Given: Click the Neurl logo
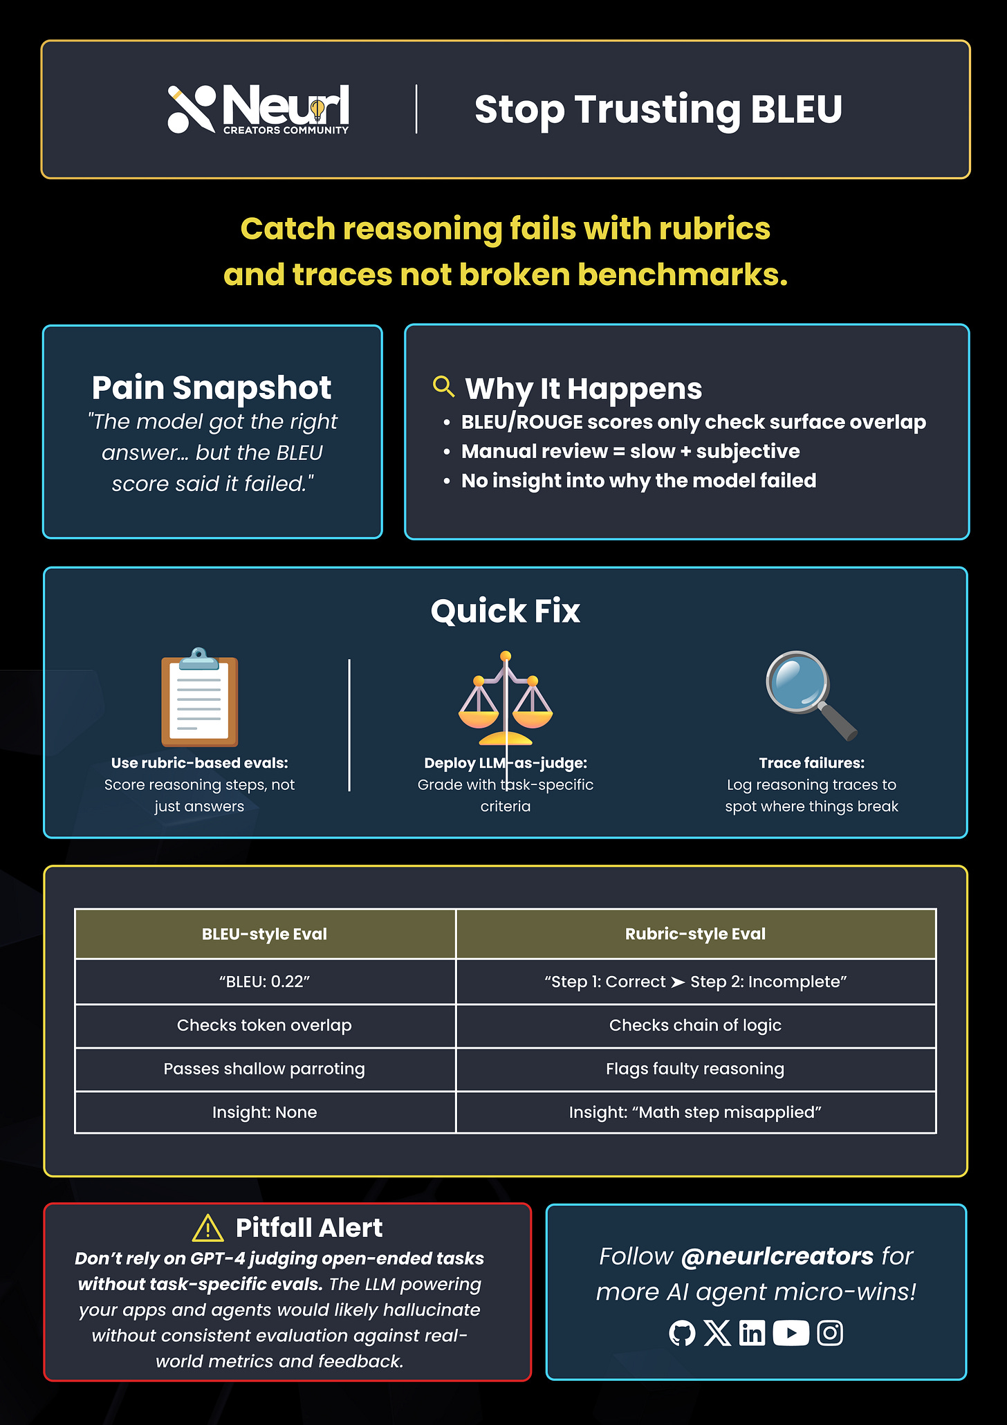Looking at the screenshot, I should (x=258, y=109).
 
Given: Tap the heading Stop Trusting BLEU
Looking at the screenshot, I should (x=658, y=109).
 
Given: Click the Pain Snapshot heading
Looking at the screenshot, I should (x=212, y=387).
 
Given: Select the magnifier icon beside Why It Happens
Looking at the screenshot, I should (x=443, y=386).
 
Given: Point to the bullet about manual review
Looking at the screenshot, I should (x=630, y=451).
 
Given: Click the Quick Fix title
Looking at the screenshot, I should (x=505, y=611).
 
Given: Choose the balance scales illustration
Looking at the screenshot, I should (x=506, y=699).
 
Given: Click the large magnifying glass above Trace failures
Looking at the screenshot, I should (x=810, y=695).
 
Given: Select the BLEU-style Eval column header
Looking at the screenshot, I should (x=264, y=934).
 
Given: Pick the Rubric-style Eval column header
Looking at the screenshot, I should (x=695, y=934).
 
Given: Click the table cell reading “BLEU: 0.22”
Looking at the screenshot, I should (x=264, y=982).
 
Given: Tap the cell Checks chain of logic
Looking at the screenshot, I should (x=695, y=1025).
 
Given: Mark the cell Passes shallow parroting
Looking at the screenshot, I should (x=264, y=1069).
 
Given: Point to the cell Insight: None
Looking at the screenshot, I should (x=264, y=1112).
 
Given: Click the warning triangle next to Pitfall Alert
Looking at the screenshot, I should (x=207, y=1229).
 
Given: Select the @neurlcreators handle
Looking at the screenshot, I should (x=777, y=1256).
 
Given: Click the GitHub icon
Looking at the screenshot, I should (x=682, y=1333).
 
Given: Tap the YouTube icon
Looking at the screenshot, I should (x=791, y=1333).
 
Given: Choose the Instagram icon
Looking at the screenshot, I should (x=830, y=1333).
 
